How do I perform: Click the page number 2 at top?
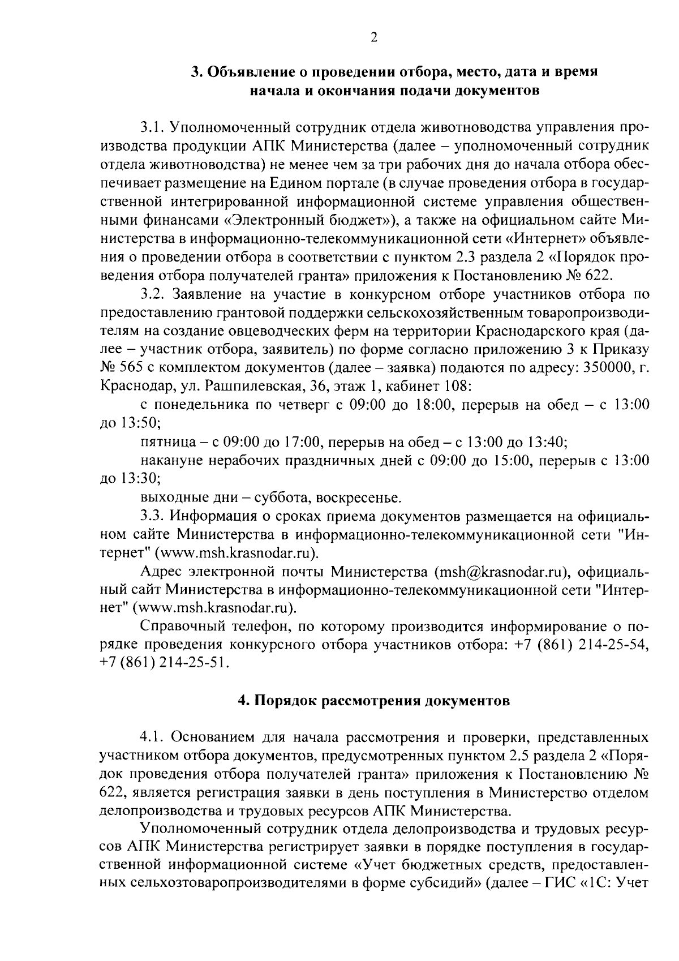pos(373,37)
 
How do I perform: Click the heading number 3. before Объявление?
pos(196,72)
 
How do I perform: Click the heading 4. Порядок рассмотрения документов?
pos(373,701)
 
